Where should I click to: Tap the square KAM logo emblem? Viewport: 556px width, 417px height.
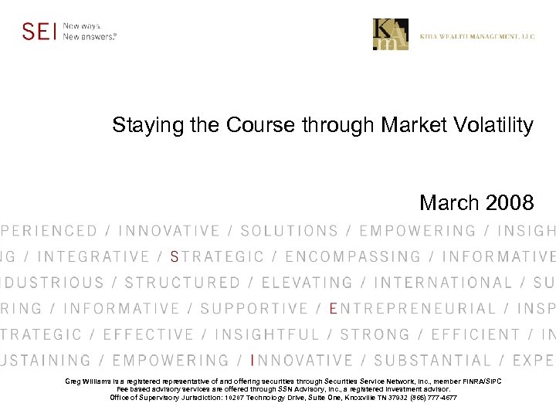(x=391, y=35)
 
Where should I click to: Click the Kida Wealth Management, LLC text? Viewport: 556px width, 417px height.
(x=477, y=36)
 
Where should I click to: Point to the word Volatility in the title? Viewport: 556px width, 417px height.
(x=493, y=125)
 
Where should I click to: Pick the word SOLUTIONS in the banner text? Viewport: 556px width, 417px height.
(x=290, y=231)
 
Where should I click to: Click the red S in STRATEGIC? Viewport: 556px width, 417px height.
(x=175, y=257)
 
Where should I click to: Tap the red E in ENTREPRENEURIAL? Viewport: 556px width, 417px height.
(x=334, y=309)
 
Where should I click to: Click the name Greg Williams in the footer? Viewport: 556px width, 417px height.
(x=88, y=381)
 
